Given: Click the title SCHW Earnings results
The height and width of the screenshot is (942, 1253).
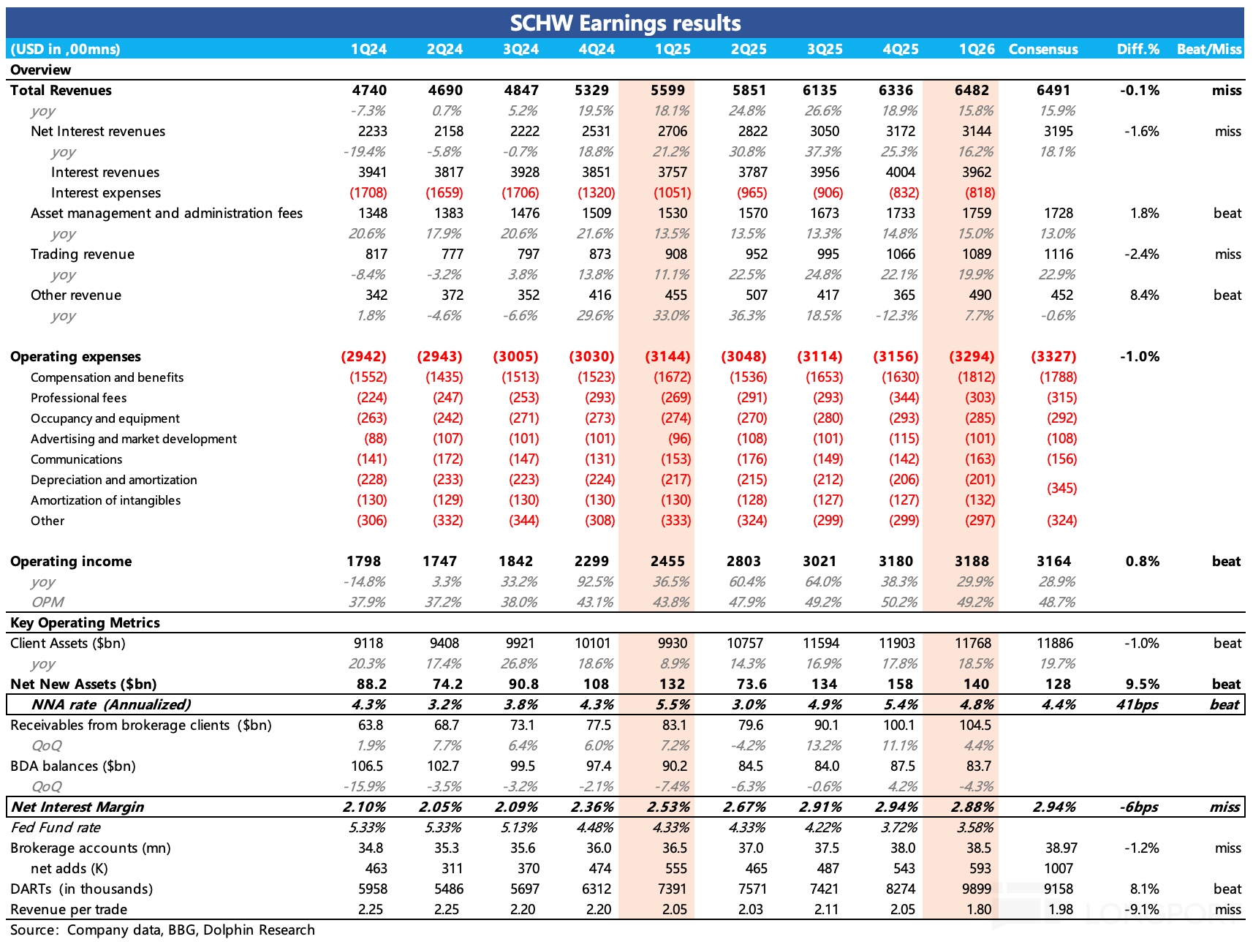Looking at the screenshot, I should (625, 23).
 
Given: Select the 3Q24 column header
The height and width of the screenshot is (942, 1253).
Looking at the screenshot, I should (520, 49).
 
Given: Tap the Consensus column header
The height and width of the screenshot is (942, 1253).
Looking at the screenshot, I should (1042, 49).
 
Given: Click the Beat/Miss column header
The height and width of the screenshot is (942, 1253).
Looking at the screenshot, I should (1208, 49).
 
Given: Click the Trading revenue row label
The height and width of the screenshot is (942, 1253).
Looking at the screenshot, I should (83, 254).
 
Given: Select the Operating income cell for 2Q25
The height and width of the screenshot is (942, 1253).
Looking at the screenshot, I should (743, 561).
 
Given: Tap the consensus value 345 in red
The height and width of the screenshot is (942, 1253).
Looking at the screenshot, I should (1061, 488).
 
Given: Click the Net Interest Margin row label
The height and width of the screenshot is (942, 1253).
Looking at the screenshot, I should (77, 807).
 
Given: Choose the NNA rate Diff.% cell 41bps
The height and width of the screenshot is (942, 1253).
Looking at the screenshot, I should (1137, 704).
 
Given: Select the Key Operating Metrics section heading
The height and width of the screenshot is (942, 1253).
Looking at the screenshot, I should (85, 622).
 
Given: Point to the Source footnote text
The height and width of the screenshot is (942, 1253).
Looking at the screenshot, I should (162, 930).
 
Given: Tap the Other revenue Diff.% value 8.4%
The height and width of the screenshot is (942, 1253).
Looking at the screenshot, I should (1144, 295).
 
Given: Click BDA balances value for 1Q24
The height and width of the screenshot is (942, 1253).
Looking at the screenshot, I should (367, 766).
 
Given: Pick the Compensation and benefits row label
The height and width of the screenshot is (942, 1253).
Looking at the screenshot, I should (107, 377).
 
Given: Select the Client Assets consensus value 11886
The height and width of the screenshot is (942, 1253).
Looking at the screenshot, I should (1055, 643).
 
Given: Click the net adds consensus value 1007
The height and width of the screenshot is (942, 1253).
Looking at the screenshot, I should (1058, 868).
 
